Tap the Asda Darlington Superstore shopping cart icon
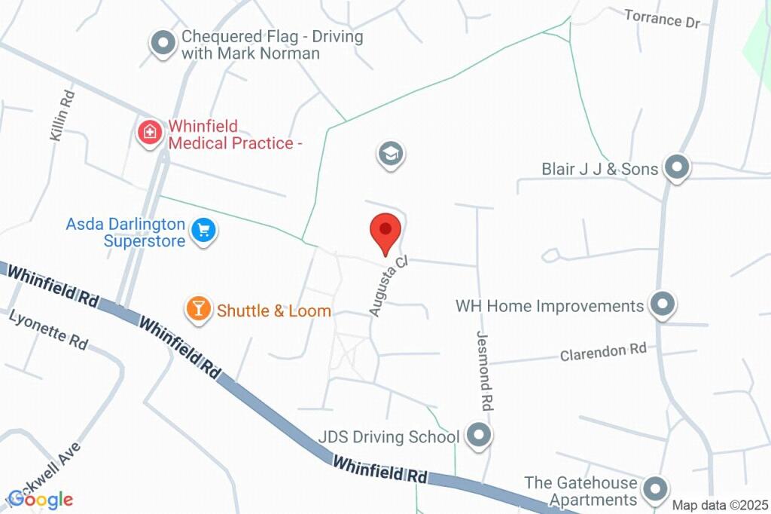pyautogui.click(x=203, y=230)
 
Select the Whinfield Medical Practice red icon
pyautogui.click(x=150, y=133)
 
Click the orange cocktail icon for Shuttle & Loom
pyautogui.click(x=198, y=308)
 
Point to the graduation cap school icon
pyautogui.click(x=390, y=155)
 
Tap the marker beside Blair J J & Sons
pyautogui.click(x=677, y=168)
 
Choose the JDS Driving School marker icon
pyautogui.click(x=477, y=435)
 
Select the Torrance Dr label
pyautogui.click(x=663, y=18)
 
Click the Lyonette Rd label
pyautogui.click(x=48, y=329)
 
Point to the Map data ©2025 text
pyautogui.click(x=719, y=505)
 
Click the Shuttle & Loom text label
pyautogui.click(x=274, y=311)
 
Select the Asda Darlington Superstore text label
pyautogui.click(x=125, y=233)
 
